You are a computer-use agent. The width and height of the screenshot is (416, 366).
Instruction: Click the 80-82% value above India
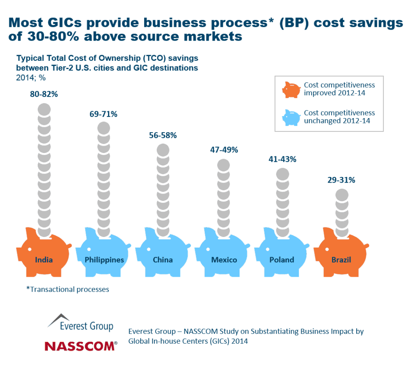(x=44, y=94)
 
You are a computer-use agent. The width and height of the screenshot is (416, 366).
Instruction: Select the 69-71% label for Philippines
(x=103, y=114)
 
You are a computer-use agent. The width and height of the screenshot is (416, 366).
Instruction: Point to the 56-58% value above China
(x=163, y=135)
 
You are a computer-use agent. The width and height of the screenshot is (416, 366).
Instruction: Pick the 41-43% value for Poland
(x=282, y=159)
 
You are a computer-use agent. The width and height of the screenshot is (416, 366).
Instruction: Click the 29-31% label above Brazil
(x=341, y=180)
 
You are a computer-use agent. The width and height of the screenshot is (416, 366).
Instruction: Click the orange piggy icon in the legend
(x=291, y=90)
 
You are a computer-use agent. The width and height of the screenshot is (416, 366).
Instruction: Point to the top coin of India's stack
(x=44, y=109)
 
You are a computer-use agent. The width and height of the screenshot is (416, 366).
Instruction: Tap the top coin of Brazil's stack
(x=342, y=195)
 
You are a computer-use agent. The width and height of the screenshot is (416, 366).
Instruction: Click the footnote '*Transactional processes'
(x=67, y=289)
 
